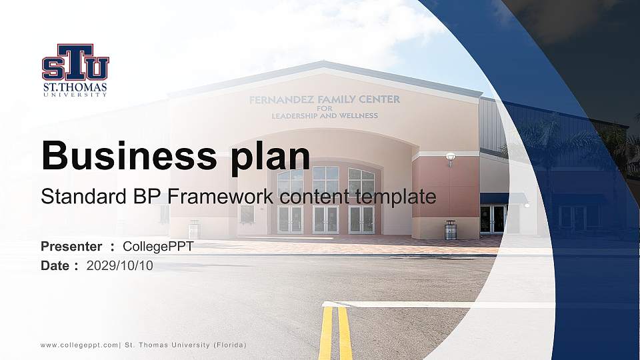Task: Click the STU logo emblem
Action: [x=75, y=63]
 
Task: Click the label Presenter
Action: [x=71, y=247]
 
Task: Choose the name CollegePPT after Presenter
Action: [x=158, y=247]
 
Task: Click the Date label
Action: [x=55, y=266]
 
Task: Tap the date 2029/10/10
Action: [x=120, y=266]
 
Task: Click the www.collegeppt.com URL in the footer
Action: [x=79, y=345]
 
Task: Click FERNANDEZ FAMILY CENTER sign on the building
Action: [x=324, y=100]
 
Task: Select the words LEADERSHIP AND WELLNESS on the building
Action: [x=324, y=115]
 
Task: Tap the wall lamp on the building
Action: [x=450, y=158]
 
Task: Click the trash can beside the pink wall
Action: [x=451, y=229]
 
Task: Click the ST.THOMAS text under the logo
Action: [x=75, y=87]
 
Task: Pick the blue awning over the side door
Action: [x=503, y=198]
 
